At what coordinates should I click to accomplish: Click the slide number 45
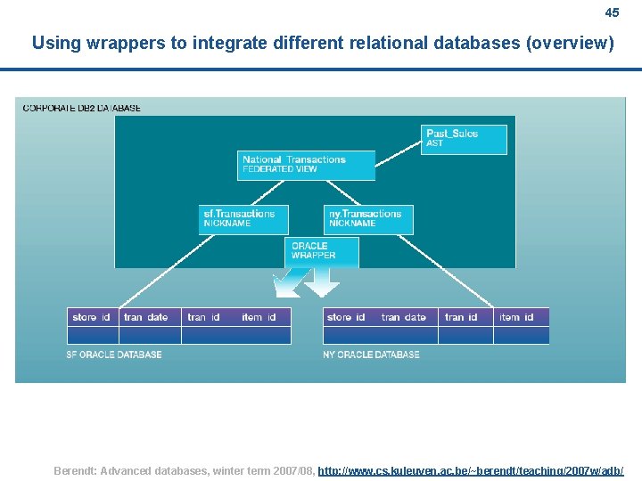coord(612,12)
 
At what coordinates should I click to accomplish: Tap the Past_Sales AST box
coord(464,139)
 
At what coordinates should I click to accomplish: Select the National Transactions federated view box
coord(307,165)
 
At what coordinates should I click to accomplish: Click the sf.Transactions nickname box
coord(243,219)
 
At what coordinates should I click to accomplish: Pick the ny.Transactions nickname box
coord(368,219)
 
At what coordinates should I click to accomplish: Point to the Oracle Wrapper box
coord(322,251)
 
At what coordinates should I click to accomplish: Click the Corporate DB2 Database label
coord(82,108)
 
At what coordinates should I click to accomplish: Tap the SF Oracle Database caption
coord(114,355)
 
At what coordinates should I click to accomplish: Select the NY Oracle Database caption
coord(371,355)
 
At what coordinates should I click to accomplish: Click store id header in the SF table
coord(92,317)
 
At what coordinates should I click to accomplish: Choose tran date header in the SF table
coord(146,317)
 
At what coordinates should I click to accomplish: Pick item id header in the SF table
coord(259,317)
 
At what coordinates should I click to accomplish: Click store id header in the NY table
coord(346,317)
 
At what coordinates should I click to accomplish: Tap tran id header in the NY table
coord(462,317)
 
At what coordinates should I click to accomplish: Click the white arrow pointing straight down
coord(322,284)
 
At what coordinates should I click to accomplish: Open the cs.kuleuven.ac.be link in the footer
coord(471,470)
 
